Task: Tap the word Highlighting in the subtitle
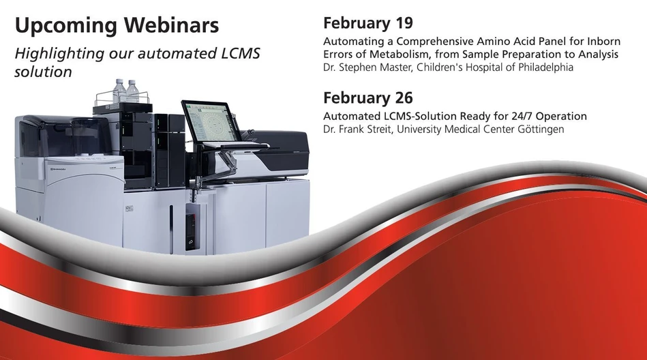[56, 53]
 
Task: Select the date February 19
[368, 23]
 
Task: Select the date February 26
[368, 97]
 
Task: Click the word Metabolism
[410, 55]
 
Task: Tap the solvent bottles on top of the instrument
[126, 91]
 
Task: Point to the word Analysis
[597, 55]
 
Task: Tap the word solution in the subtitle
[43, 72]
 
